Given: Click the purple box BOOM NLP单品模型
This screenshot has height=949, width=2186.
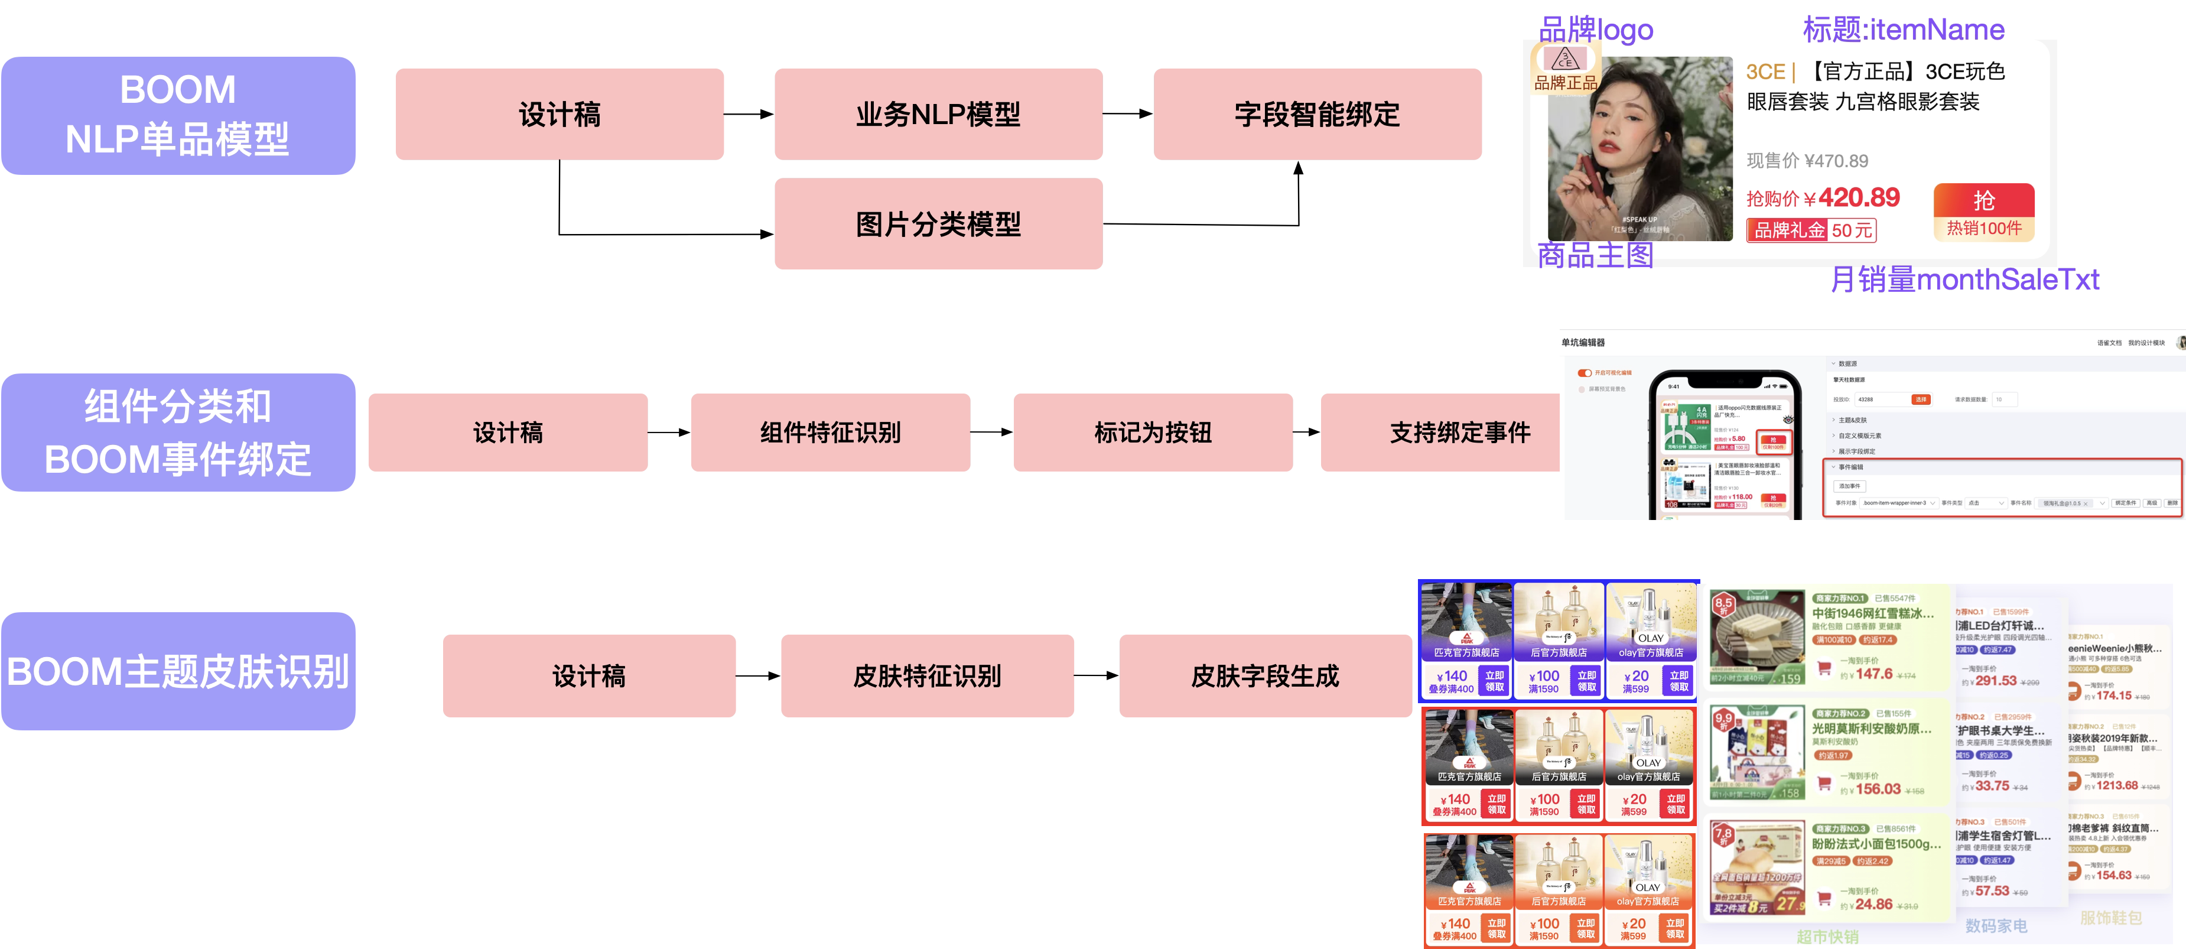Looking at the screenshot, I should [178, 115].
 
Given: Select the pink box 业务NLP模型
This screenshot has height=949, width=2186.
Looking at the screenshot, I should [938, 113].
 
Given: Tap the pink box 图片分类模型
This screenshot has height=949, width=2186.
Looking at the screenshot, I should [938, 224].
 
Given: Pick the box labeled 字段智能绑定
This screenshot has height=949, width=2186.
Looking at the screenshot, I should [1317, 113].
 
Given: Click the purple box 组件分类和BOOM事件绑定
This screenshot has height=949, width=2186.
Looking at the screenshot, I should [178, 432].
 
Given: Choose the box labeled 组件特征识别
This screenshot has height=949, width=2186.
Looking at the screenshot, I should [830, 432].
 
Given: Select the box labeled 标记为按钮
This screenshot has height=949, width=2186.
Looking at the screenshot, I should [1153, 432].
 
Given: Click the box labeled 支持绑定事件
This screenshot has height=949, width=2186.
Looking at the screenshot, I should [1459, 432].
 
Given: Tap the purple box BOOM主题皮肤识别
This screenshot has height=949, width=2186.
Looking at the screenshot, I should [178, 671].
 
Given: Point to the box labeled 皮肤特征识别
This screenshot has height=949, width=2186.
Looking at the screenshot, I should [926, 675].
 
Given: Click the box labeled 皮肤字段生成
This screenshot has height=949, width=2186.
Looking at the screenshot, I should [1264, 675].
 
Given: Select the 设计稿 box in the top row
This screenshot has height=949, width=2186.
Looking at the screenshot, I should [559, 113].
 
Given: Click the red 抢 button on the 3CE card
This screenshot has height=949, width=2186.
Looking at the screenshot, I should [1983, 201].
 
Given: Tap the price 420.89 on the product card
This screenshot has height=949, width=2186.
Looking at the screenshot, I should [1859, 198].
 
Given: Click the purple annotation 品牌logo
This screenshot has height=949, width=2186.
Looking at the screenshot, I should [1595, 29].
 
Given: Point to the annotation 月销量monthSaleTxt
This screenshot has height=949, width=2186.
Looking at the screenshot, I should [1964, 279].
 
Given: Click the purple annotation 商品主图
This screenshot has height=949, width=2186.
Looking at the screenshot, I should [1595, 255].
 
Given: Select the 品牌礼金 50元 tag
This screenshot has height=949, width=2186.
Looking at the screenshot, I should [1810, 230].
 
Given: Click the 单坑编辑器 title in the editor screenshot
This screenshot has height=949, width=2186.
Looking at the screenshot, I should [1583, 342].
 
